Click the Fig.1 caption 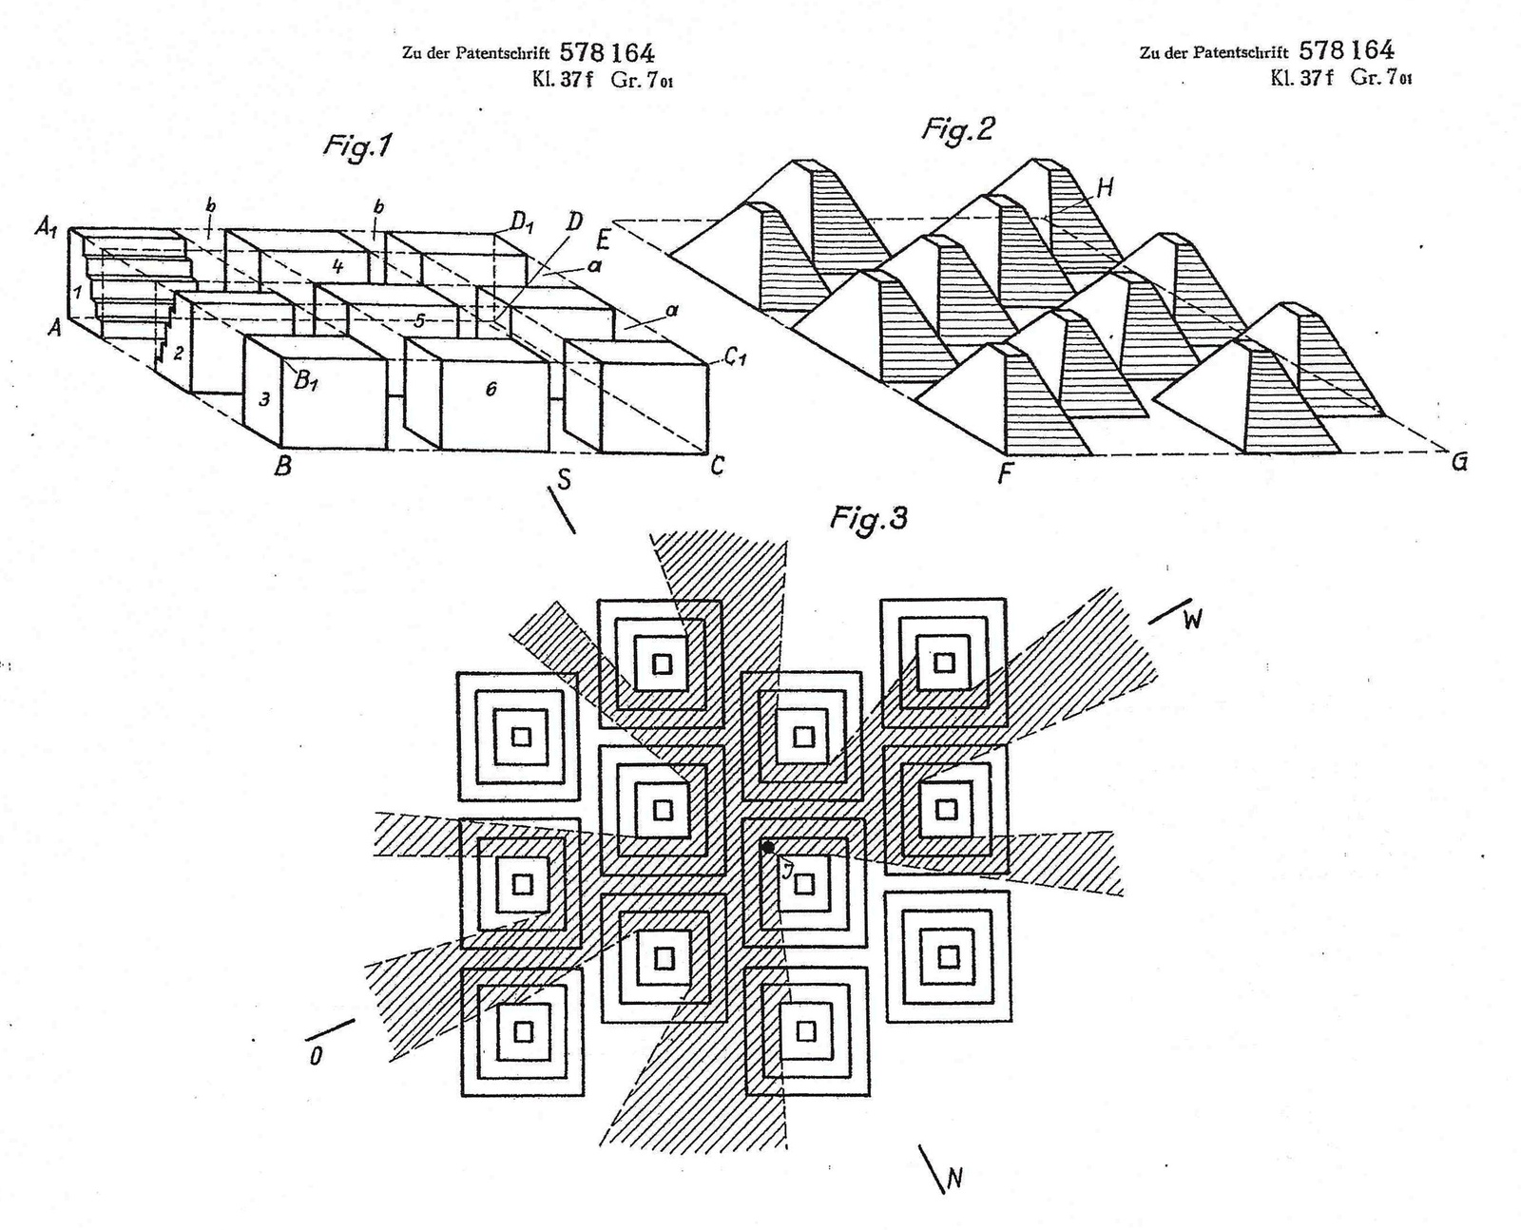[357, 145]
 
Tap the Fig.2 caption [957, 128]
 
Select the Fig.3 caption [868, 518]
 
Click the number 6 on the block [491, 389]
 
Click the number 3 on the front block [264, 400]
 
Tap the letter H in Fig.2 [1104, 188]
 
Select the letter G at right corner [1459, 463]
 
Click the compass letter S [564, 480]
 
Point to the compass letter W [1192, 620]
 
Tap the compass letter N [954, 1179]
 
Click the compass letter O [316, 1055]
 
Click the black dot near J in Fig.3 [768, 847]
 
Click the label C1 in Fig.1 [734, 358]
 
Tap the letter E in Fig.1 [602, 238]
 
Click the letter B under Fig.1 [282, 467]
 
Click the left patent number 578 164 [606, 52]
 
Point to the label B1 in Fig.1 [305, 382]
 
